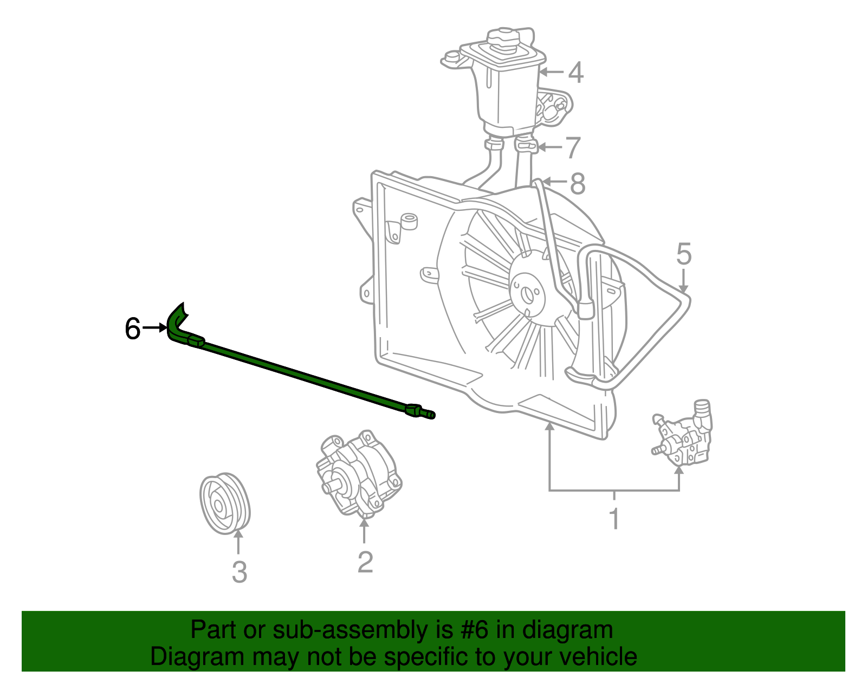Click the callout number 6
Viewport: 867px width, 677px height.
[x=133, y=328]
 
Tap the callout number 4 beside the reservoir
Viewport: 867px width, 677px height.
[x=575, y=73]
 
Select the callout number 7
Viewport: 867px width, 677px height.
[x=573, y=147]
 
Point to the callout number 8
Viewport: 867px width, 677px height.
[x=578, y=184]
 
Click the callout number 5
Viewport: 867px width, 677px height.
[x=684, y=254]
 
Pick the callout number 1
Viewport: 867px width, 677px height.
[x=614, y=519]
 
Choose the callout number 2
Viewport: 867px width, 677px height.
[x=365, y=562]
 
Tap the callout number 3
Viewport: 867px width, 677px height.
[x=240, y=572]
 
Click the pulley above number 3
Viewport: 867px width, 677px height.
[x=225, y=504]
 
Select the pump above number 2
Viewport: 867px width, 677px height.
[x=359, y=474]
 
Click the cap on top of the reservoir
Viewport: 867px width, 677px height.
[x=503, y=40]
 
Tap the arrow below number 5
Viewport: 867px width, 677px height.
[x=683, y=281]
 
